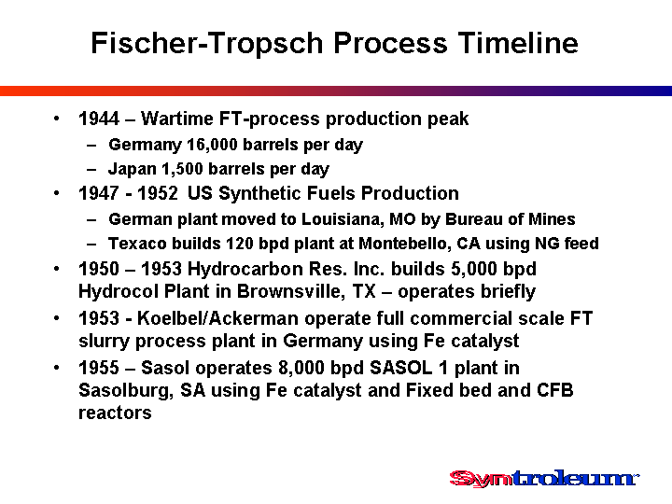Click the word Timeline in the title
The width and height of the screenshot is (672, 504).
(518, 43)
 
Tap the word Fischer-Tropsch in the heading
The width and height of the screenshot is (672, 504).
(207, 44)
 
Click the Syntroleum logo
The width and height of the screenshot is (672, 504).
(544, 478)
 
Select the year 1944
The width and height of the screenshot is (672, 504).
(99, 119)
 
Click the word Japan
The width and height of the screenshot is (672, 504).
(132, 169)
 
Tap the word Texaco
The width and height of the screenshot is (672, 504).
(137, 244)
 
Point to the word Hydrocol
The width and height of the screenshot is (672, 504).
(119, 291)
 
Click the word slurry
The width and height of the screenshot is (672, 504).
(105, 342)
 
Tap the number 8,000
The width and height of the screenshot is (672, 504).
(300, 368)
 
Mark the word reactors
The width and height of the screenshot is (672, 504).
(115, 413)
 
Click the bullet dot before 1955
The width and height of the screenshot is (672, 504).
(57, 368)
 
